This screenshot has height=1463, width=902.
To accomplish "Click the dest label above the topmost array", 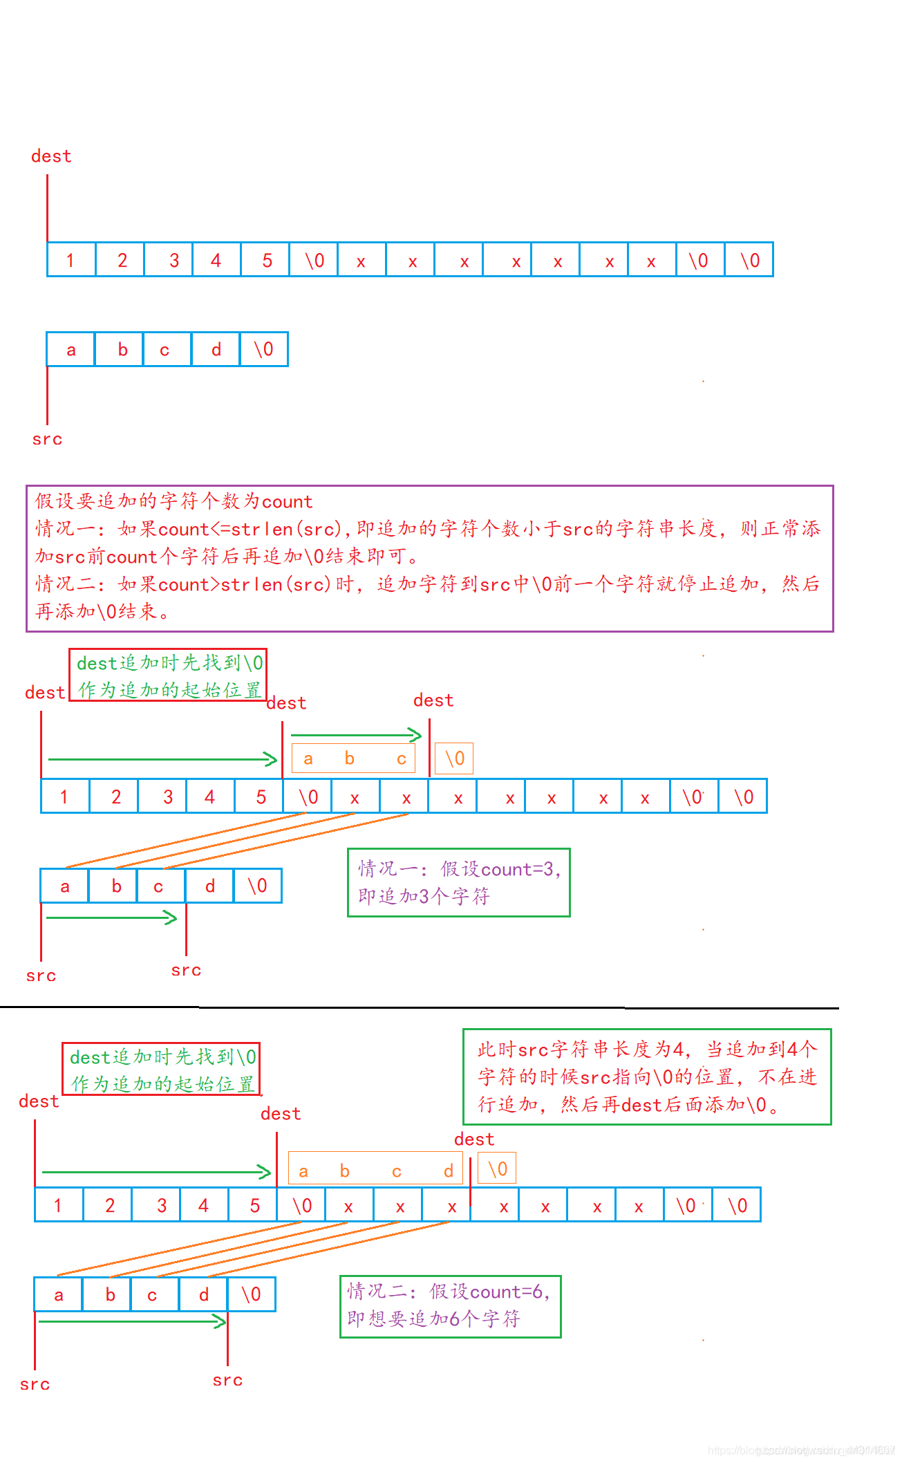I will [x=51, y=156].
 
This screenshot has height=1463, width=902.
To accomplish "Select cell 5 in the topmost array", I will [x=266, y=260].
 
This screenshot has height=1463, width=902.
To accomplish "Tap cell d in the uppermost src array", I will [x=216, y=350].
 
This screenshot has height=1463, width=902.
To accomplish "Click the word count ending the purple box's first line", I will [x=288, y=501].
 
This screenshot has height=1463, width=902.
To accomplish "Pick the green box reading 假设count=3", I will [x=458, y=882].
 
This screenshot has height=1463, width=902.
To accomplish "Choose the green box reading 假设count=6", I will [x=450, y=1305].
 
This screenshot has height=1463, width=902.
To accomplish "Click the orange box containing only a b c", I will [x=353, y=758].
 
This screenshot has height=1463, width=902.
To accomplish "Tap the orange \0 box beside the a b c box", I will [x=454, y=758].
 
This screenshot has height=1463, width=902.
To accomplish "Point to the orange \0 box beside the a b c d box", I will [x=497, y=1169].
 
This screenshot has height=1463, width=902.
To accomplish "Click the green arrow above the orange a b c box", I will [x=356, y=735].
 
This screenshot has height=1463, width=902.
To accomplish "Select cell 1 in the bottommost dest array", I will [x=59, y=1205].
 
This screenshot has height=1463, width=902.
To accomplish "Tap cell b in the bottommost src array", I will [x=110, y=1294].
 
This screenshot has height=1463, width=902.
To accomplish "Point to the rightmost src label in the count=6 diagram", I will [x=227, y=1380].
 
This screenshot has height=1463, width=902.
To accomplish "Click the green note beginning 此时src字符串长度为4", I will [x=646, y=1077].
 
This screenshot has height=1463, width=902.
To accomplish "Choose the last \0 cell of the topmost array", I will [x=749, y=260].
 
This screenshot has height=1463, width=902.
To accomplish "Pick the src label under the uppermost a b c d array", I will [x=47, y=439].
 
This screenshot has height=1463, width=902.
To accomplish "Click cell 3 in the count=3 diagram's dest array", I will [x=167, y=796].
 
